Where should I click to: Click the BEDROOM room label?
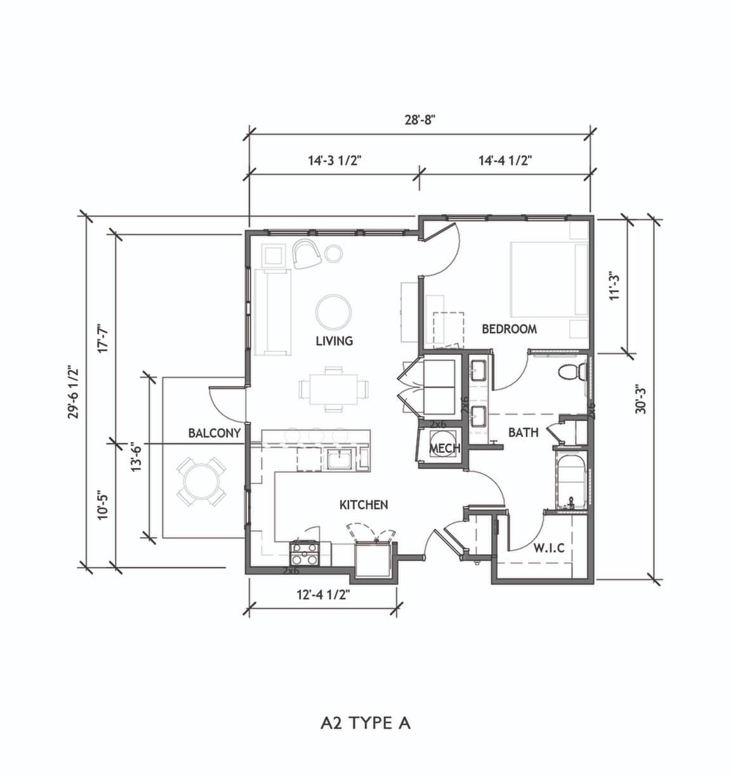click(510, 329)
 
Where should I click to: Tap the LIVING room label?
click(334, 341)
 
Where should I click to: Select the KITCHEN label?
click(364, 505)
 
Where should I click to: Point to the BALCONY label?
click(214, 433)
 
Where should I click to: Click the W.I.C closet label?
click(549, 548)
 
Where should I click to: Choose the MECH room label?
click(445, 448)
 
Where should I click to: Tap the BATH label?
click(524, 432)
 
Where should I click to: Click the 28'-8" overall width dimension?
click(420, 120)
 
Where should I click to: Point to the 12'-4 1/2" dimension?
click(323, 595)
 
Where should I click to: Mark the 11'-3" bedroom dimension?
click(615, 286)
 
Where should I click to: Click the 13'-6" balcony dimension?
click(136, 456)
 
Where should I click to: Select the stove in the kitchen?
click(305, 554)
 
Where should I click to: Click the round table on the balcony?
click(201, 482)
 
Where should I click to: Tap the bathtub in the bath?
click(571, 482)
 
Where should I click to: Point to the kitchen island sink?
click(340, 460)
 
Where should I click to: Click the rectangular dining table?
click(334, 390)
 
